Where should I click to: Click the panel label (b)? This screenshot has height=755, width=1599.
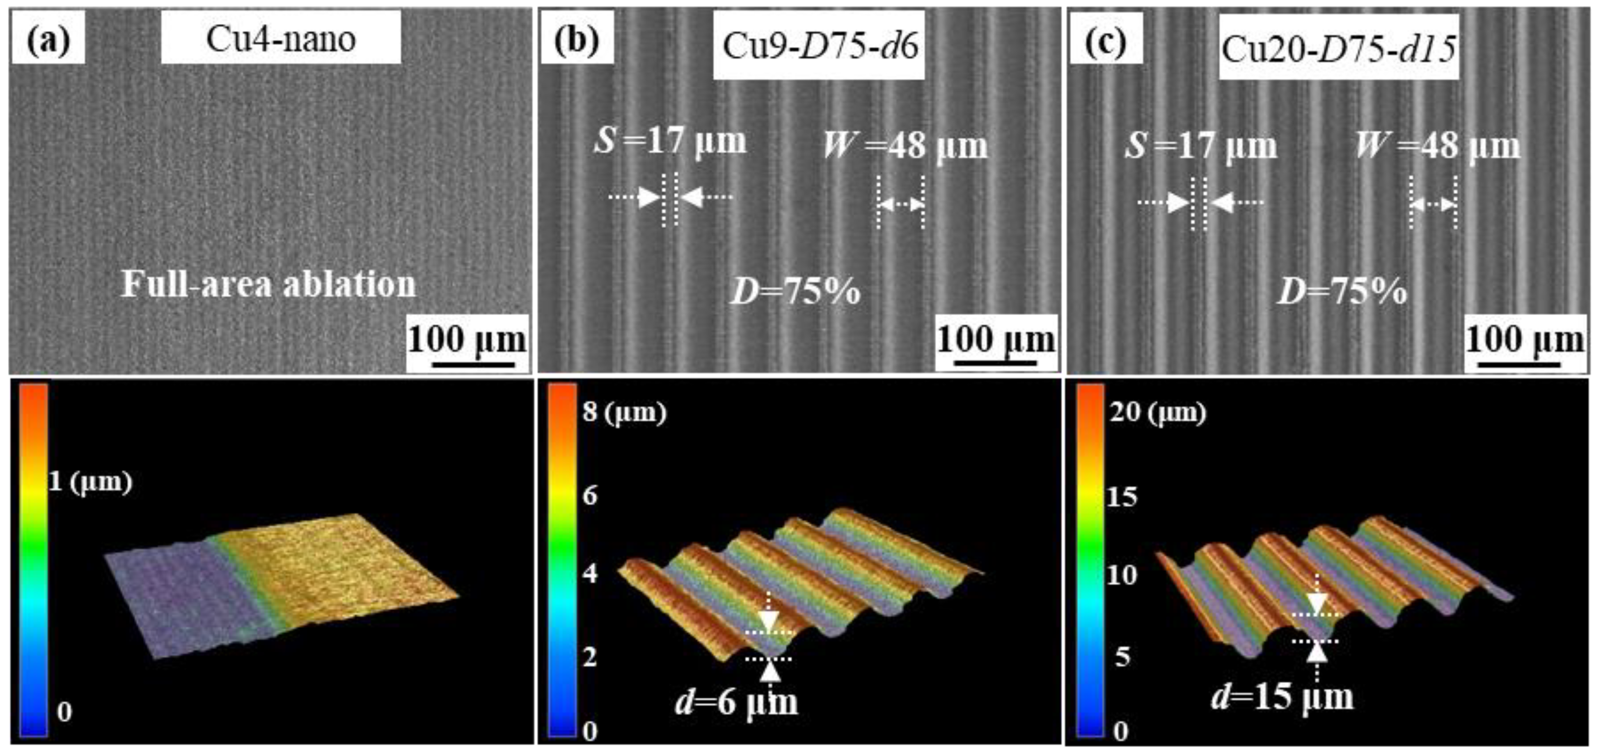click(x=577, y=39)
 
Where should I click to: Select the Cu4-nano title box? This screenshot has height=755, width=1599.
click(x=281, y=39)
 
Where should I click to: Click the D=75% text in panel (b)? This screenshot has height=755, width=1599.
click(x=795, y=291)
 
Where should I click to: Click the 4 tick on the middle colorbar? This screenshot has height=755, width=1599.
click(x=590, y=573)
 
